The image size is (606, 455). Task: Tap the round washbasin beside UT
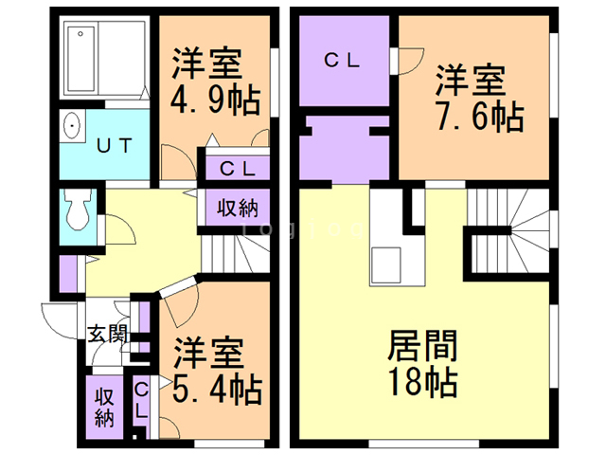[x=72, y=126]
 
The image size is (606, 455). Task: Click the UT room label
[x=116, y=145]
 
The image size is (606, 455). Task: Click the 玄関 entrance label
[x=106, y=333]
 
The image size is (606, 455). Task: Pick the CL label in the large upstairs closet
[x=342, y=61]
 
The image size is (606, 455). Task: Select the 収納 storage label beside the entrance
[x=103, y=406]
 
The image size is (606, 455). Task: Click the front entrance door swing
[x=57, y=319]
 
